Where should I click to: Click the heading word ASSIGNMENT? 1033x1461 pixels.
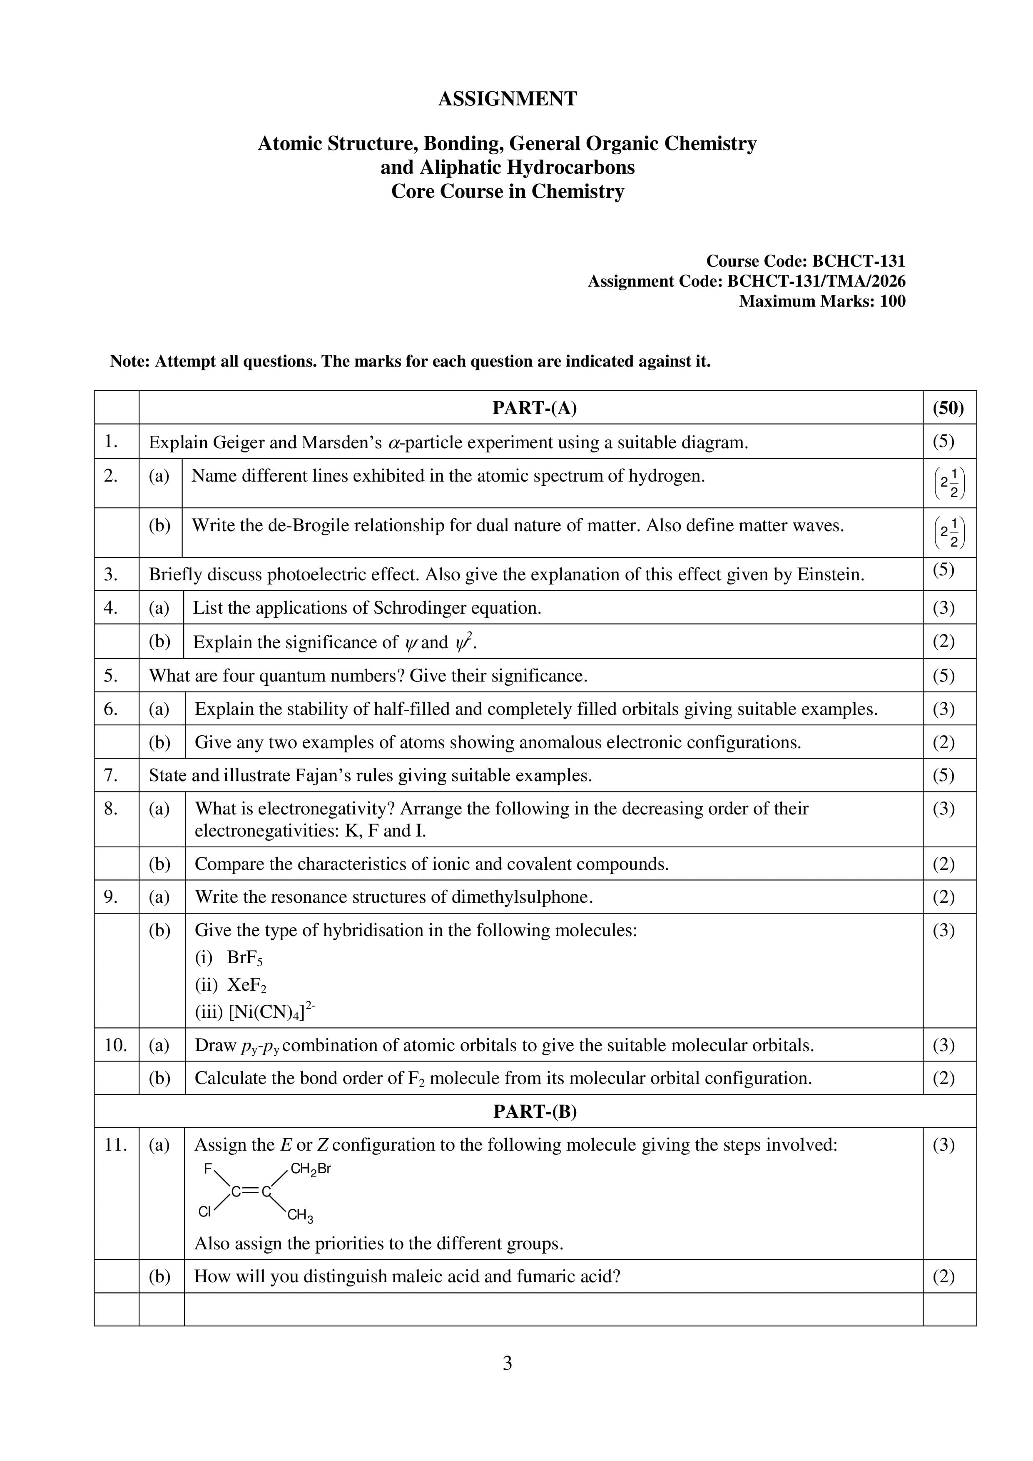(507, 99)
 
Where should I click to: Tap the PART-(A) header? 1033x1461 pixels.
(534, 408)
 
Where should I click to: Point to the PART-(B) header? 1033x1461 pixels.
(534, 1111)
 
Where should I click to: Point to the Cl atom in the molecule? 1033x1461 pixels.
(204, 1212)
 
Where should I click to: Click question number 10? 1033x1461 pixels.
(116, 1045)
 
